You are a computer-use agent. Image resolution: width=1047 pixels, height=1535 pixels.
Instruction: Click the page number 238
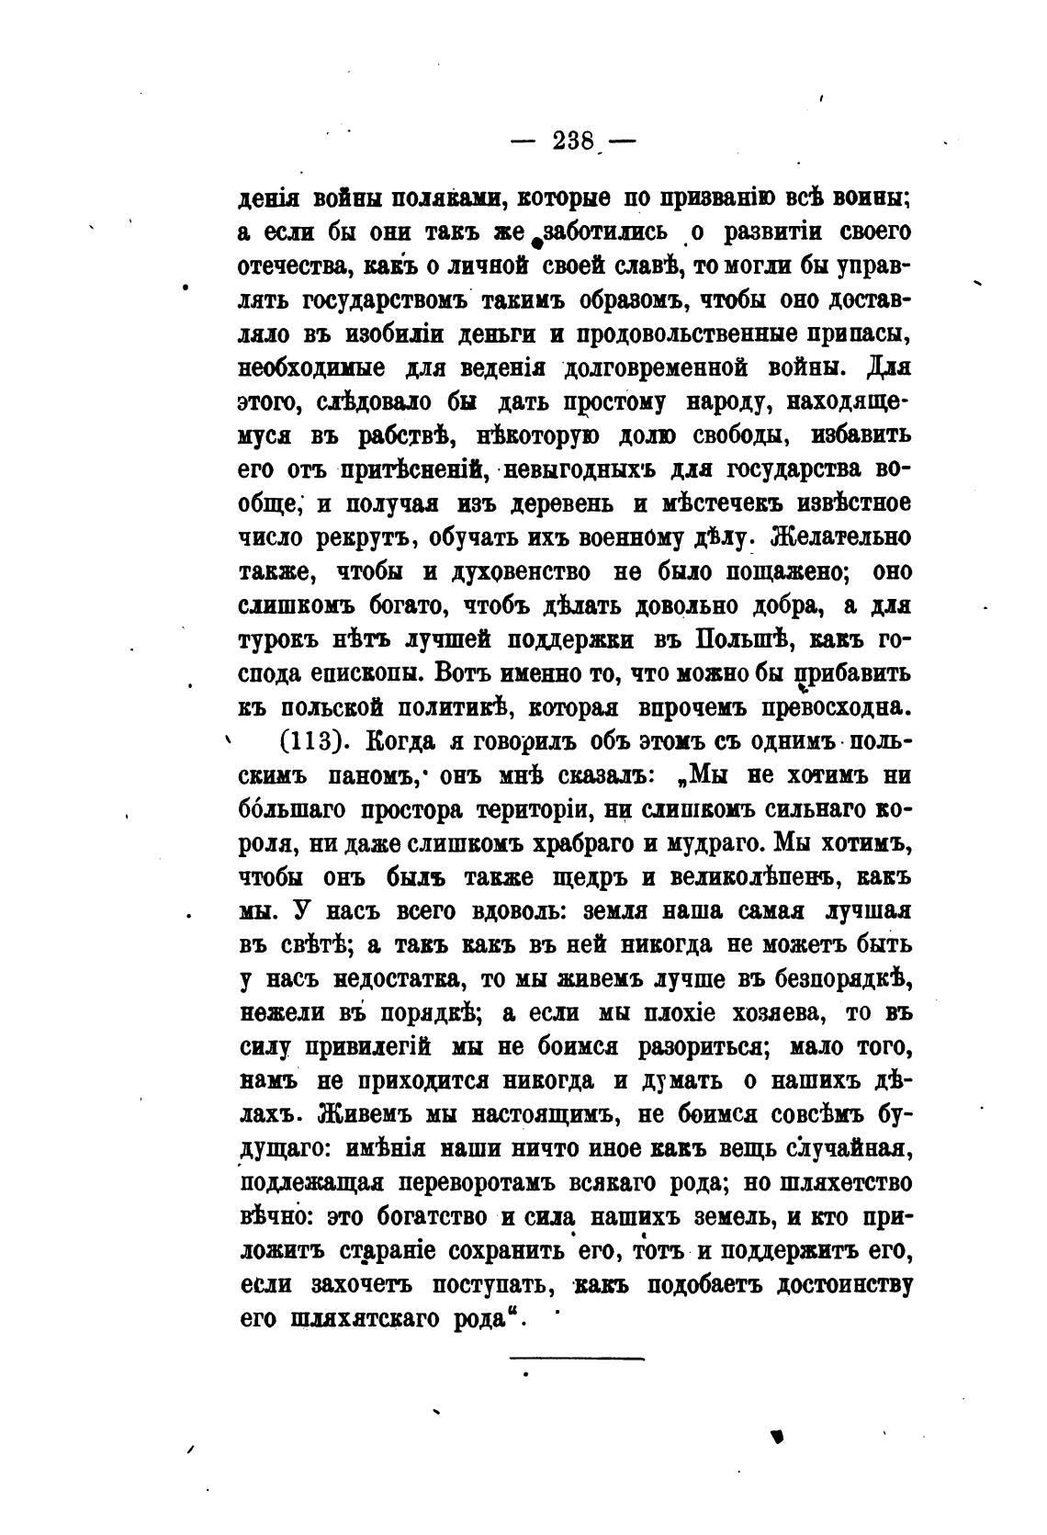click(575, 141)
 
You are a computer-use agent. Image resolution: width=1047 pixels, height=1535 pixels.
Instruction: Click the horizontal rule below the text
click(577, 1357)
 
